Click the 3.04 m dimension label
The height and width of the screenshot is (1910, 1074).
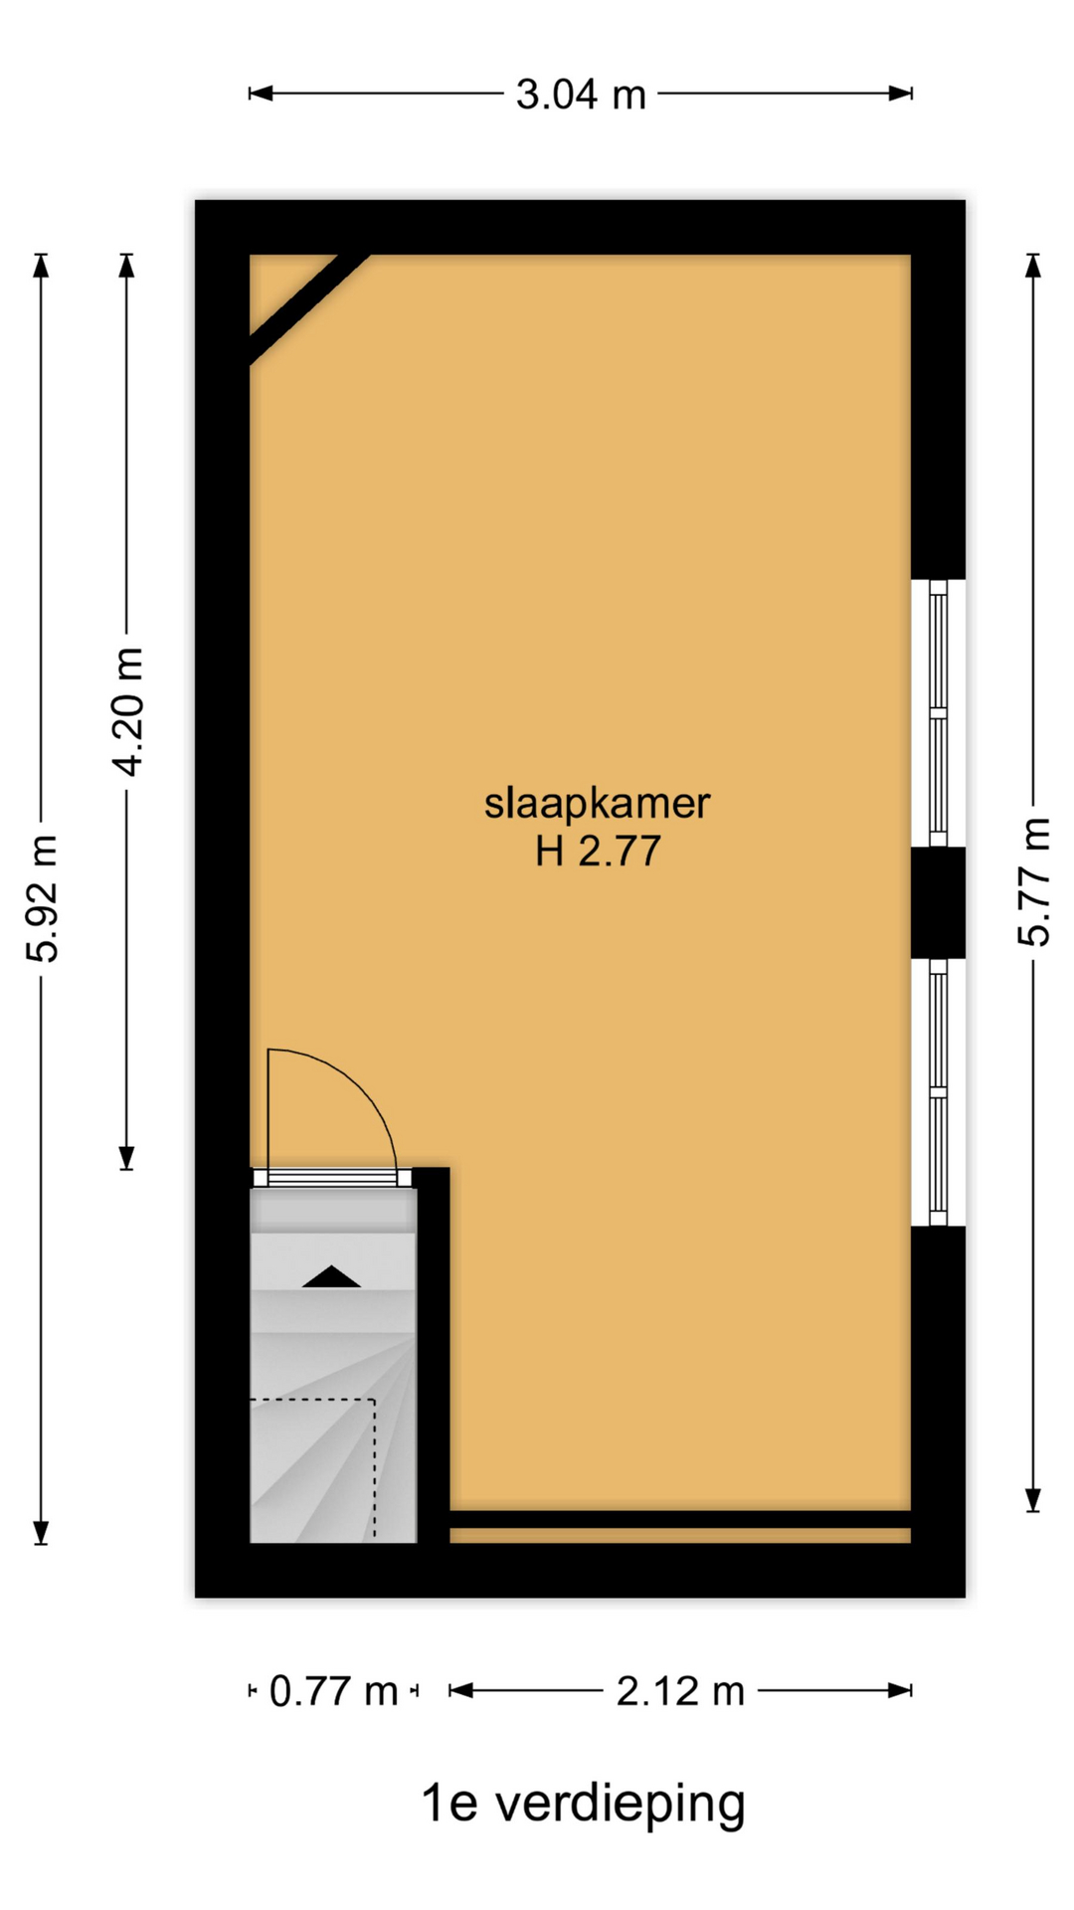(581, 95)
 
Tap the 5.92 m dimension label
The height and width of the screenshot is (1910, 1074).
(43, 898)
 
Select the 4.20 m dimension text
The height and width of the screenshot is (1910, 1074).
(127, 711)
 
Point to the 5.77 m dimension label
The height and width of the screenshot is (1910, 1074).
(1034, 881)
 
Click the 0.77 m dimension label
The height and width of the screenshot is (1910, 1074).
(333, 1691)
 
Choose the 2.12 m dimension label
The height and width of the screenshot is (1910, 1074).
(680, 1691)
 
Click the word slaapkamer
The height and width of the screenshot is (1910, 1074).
(597, 804)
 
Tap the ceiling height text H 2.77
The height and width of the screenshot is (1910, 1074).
(598, 852)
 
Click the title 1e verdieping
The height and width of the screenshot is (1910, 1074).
(583, 1803)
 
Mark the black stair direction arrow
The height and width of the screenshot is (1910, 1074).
(331, 1277)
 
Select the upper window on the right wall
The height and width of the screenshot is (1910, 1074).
(938, 712)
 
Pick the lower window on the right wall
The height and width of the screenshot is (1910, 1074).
(938, 1092)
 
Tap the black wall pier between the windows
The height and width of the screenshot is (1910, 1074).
(939, 902)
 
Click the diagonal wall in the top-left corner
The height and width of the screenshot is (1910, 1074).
(309, 309)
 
